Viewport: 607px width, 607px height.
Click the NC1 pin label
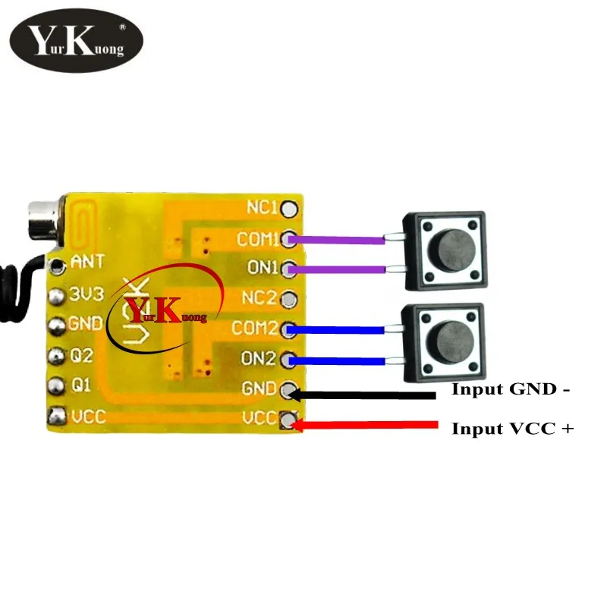263,206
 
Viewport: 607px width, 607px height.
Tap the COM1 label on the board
258,239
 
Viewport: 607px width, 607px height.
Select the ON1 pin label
264,268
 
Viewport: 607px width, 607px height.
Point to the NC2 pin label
263,298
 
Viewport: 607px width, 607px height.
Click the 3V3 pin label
86,294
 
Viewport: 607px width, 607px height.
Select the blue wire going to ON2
338,360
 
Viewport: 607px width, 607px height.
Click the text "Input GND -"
510,390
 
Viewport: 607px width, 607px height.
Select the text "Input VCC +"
512,429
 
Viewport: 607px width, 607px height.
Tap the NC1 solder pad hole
290,207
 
